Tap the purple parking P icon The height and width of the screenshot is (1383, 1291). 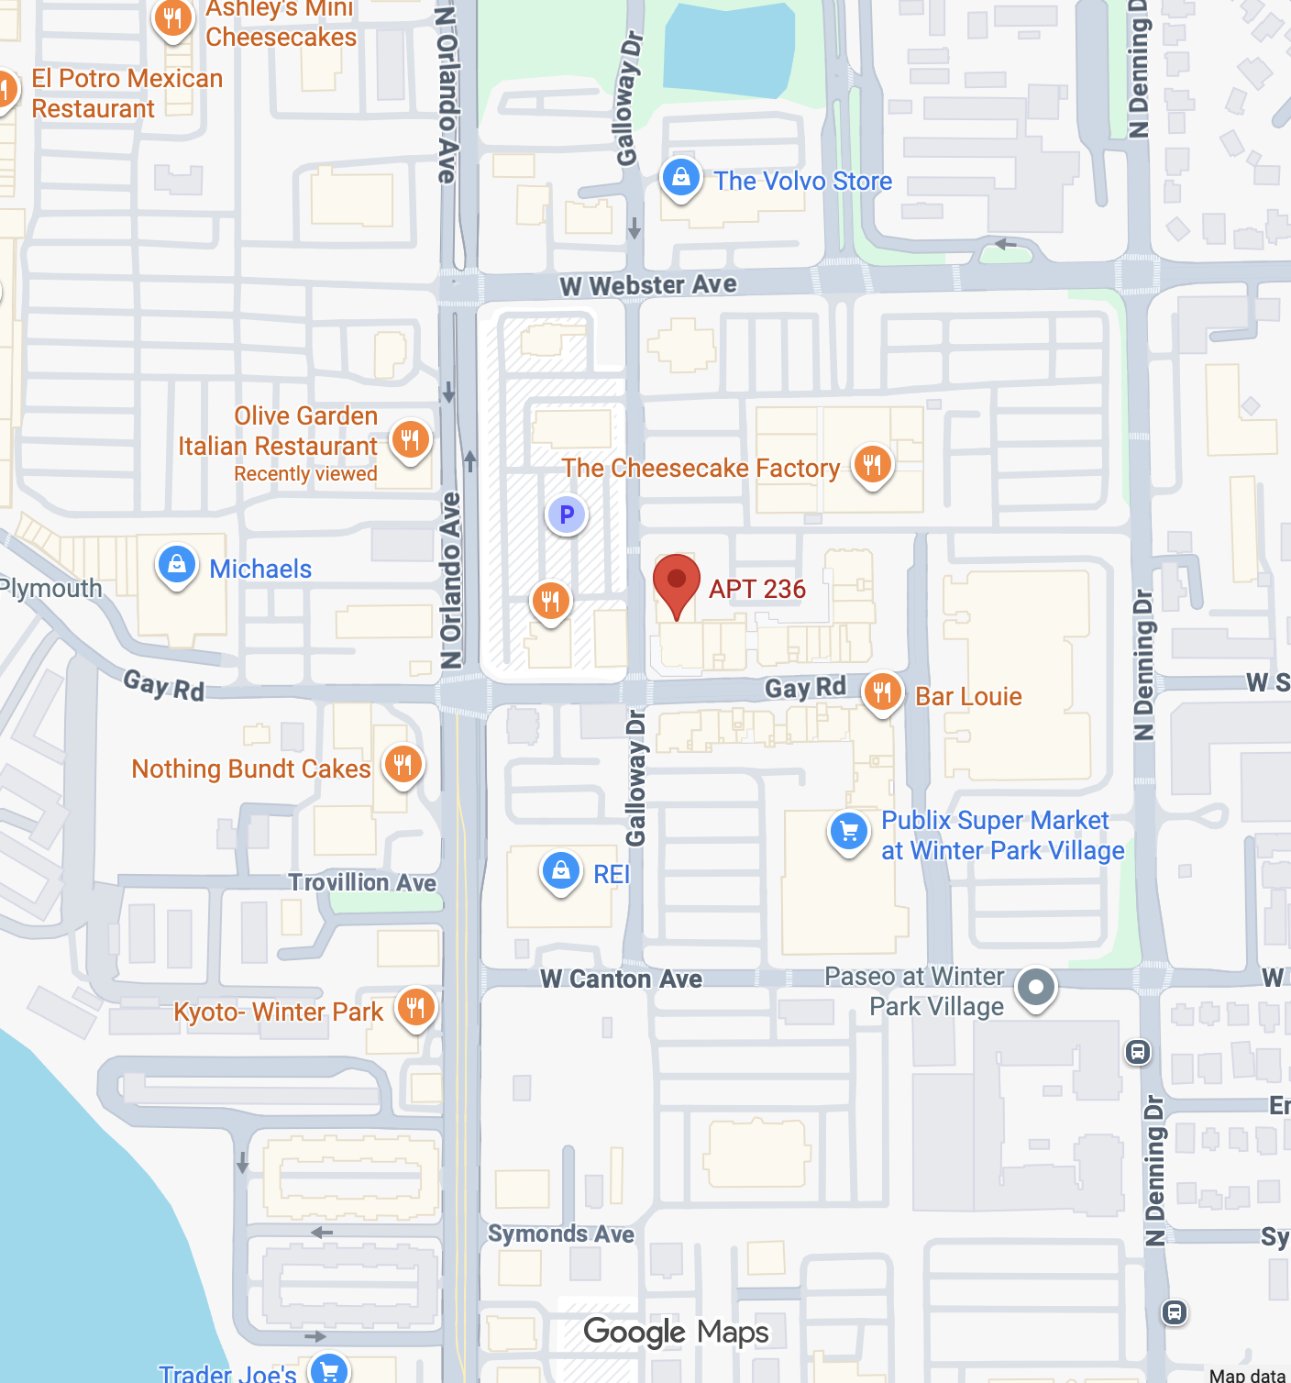tap(567, 514)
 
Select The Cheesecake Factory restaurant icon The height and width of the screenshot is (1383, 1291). tap(872, 464)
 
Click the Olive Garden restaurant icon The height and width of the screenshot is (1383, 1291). tap(410, 439)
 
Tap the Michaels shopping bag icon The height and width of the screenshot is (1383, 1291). tap(177, 565)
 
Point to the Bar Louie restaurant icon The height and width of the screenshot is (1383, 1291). tap(882, 692)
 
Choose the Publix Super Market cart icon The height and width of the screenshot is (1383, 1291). tap(849, 832)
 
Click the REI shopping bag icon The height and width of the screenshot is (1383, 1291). tap(560, 870)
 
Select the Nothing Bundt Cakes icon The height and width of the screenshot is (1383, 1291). tap(403, 764)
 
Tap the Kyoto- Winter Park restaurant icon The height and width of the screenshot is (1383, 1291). tap(415, 1008)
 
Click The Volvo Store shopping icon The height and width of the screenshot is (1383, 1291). tap(681, 178)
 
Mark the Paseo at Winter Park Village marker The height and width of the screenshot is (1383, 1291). tap(1036, 988)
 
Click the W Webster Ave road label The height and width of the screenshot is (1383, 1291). tap(648, 285)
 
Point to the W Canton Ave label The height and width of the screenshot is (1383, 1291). tap(621, 979)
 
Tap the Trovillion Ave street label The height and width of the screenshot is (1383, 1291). tap(362, 882)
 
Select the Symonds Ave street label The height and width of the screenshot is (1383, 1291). tap(560, 1234)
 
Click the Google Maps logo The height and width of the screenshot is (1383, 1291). tap(676, 1332)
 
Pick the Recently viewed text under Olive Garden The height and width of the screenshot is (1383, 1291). tap(305, 474)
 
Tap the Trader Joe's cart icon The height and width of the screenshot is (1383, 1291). tap(329, 1370)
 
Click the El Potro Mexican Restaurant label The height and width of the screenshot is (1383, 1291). tap(127, 94)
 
